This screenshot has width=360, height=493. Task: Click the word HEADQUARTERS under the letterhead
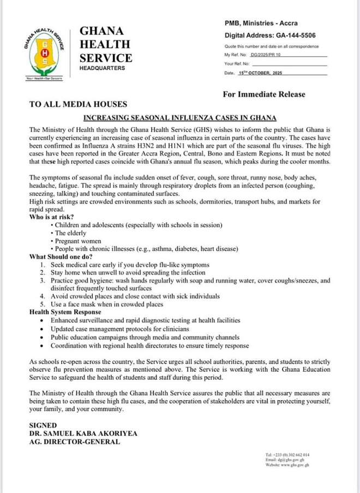pos(102,68)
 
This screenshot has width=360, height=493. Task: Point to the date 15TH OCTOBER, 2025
pos(262,73)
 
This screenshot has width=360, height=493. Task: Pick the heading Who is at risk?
pos(52,217)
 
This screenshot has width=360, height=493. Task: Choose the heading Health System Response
pos(66,312)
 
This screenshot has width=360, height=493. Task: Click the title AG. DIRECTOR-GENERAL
pos(75,441)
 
